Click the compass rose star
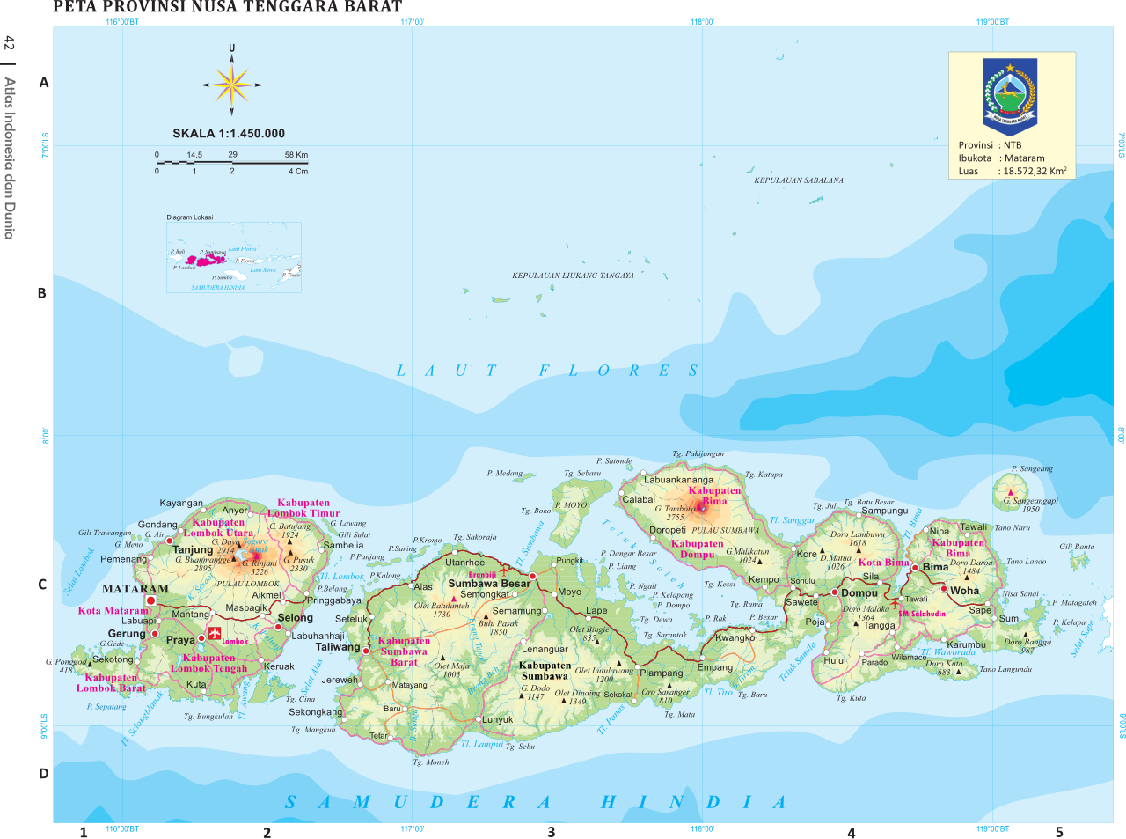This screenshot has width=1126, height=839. pos(231,85)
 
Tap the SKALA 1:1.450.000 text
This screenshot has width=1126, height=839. pos(229,134)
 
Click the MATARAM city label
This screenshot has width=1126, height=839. pos(135,589)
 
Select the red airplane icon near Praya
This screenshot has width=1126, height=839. pos(215,635)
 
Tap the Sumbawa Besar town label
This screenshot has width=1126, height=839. pos(489,584)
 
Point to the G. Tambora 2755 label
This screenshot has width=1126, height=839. pos(676,512)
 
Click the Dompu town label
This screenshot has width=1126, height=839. pos(859,593)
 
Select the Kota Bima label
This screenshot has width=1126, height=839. pos(883,563)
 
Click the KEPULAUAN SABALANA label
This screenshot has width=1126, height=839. pos(798,180)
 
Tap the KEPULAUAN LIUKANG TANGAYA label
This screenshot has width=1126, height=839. pos(573,276)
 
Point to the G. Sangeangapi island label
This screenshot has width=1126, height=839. pos(1030,504)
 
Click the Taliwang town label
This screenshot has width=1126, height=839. pos(338,647)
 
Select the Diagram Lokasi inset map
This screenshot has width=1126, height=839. pos(234,257)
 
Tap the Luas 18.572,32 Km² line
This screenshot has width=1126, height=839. pos(1012,172)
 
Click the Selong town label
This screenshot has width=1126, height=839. pos(295,618)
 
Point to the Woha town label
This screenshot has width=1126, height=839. pos(964,591)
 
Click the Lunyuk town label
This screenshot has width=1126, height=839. pos(497,720)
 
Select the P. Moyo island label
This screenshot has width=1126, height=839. pos(570,505)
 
